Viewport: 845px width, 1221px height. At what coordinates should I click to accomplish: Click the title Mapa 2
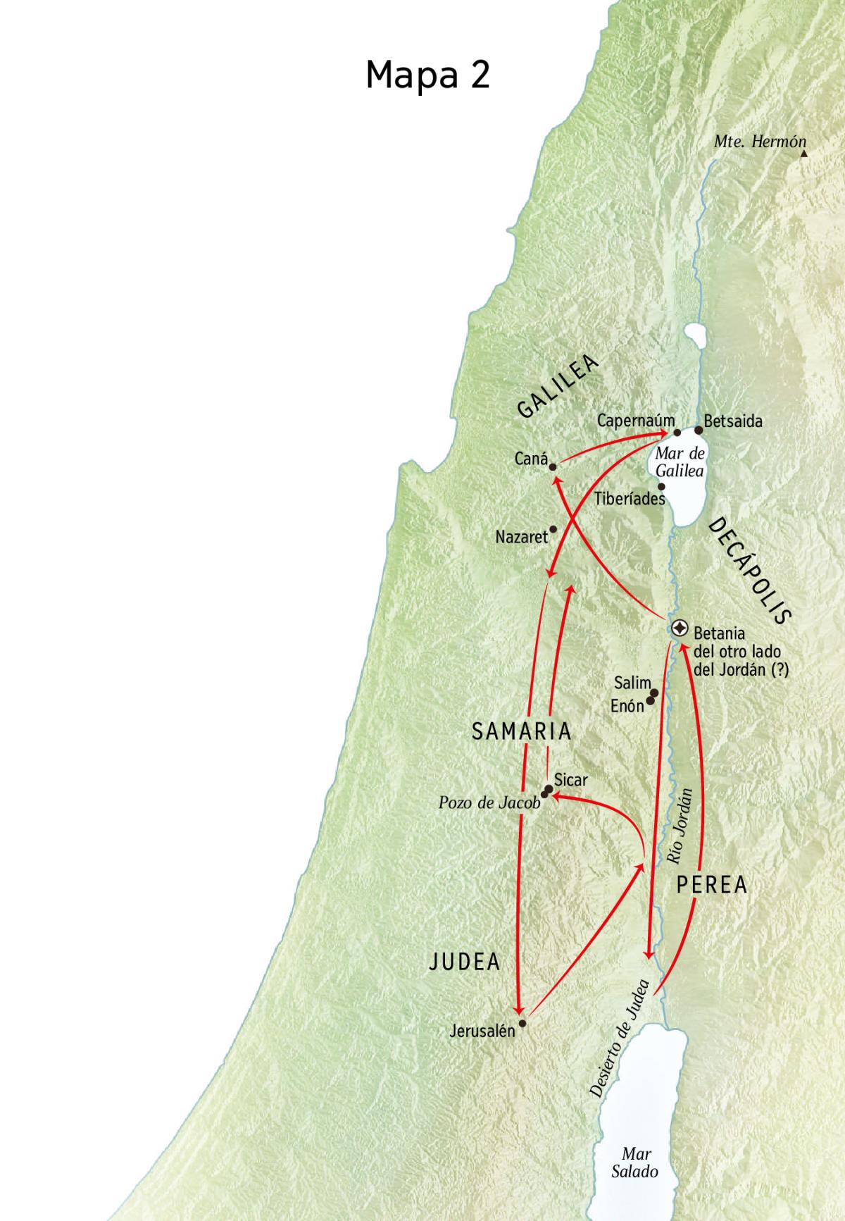click(x=427, y=74)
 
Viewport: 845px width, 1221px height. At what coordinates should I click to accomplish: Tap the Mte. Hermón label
click(x=759, y=141)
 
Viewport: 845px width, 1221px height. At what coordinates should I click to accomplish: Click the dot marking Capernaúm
click(x=677, y=433)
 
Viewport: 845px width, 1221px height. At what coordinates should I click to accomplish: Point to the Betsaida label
click(x=732, y=421)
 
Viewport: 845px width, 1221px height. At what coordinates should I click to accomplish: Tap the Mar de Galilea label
click(x=680, y=462)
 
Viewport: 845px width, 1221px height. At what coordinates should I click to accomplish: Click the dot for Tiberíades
click(x=661, y=486)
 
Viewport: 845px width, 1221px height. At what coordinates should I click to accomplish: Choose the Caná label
click(x=531, y=459)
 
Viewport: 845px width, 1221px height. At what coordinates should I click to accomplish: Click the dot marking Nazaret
click(x=553, y=529)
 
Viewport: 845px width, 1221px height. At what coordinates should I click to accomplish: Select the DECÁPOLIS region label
click(x=749, y=571)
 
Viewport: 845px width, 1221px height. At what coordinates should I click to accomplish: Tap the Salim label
click(x=632, y=682)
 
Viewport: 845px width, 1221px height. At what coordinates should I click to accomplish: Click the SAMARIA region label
click(x=521, y=731)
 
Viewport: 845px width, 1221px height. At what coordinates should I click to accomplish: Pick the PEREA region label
click(x=711, y=885)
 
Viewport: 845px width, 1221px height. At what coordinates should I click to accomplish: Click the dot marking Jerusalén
click(x=522, y=1022)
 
